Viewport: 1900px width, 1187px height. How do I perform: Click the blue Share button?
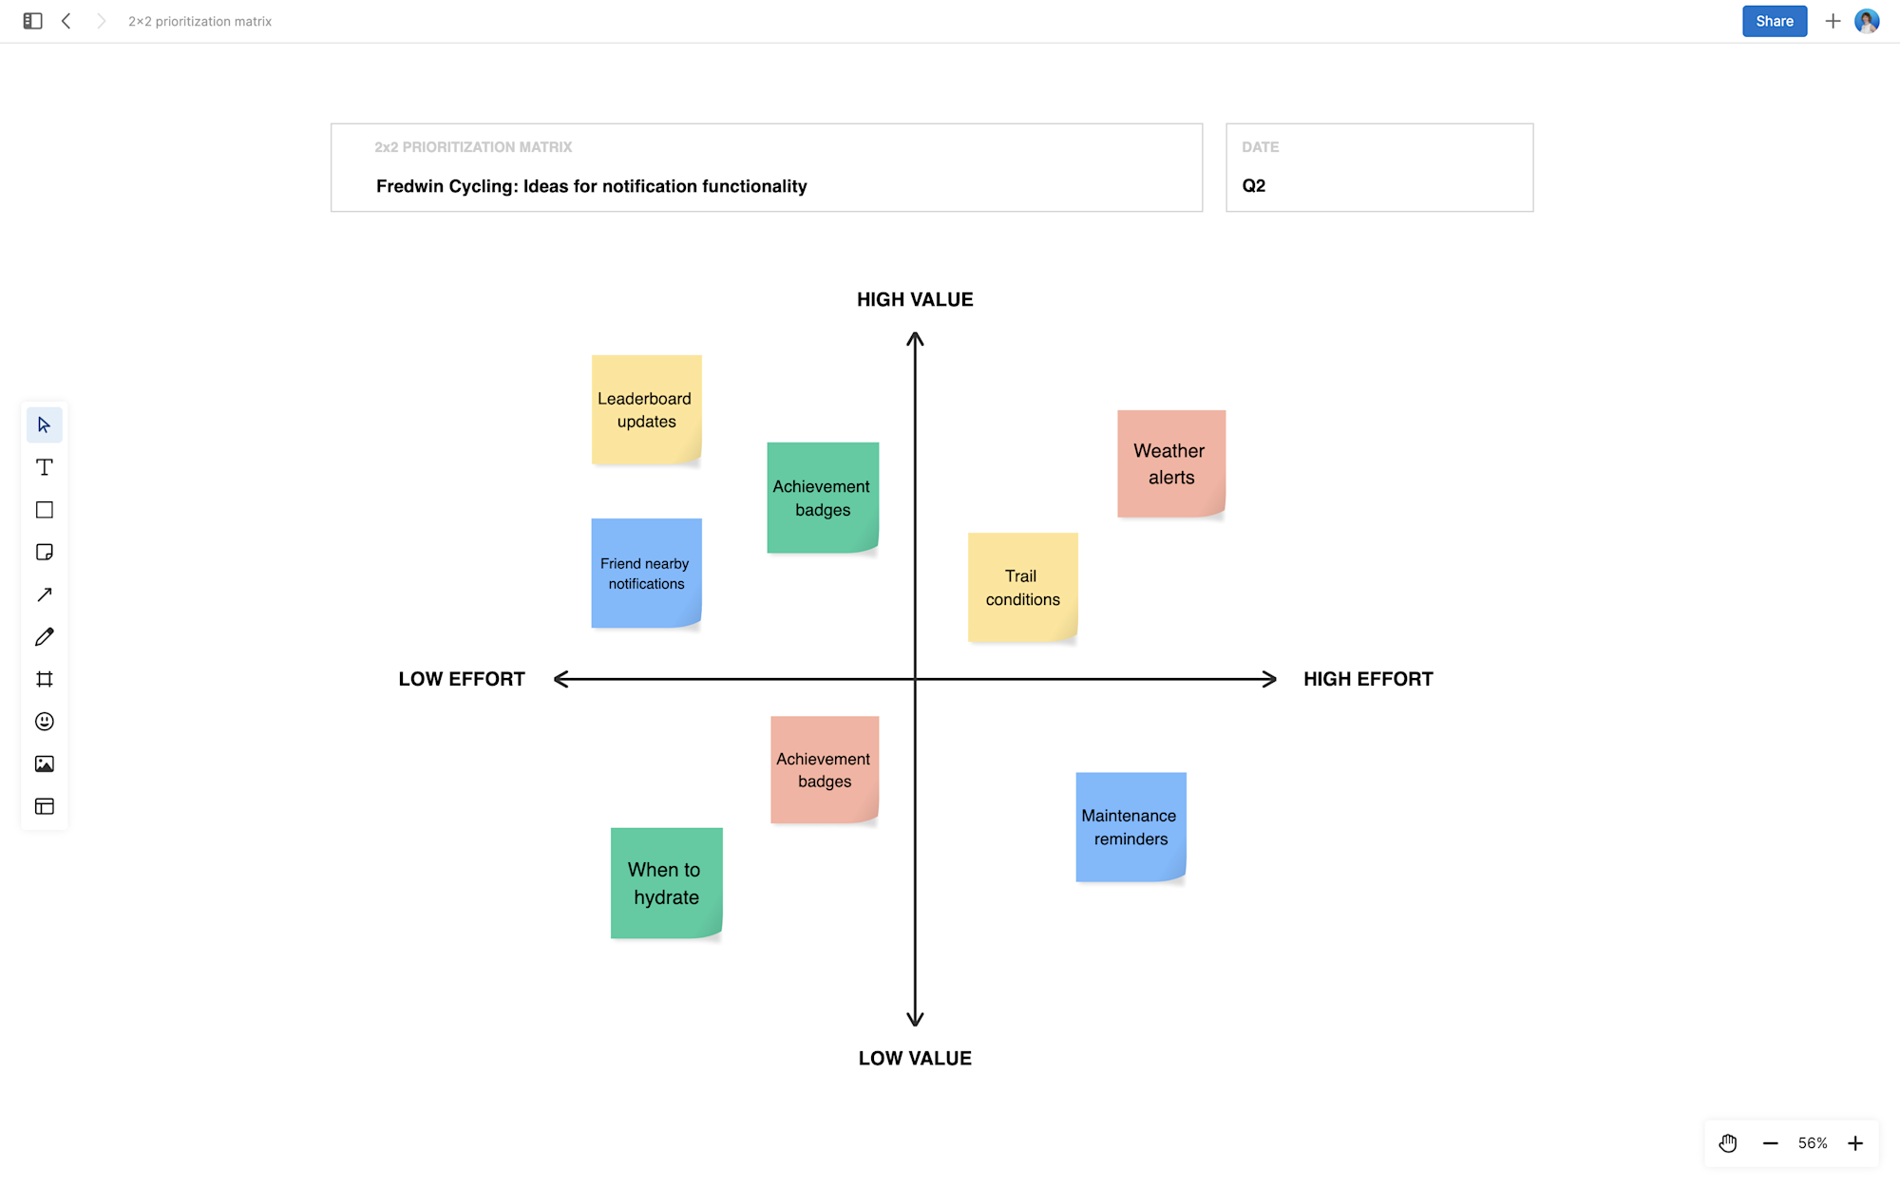coord(1774,21)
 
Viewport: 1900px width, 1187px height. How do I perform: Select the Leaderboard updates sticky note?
coord(646,409)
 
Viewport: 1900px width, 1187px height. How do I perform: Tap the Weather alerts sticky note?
coord(1171,463)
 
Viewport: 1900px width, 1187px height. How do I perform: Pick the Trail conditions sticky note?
coord(1022,587)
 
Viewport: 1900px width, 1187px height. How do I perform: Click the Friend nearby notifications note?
coord(646,573)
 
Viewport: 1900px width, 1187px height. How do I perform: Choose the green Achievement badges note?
coord(823,498)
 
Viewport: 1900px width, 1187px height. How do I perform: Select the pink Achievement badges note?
coord(825,770)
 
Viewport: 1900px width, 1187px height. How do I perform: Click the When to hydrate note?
coord(666,883)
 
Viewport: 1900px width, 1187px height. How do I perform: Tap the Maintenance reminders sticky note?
coord(1130,827)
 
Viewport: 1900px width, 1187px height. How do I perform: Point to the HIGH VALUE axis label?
coord(915,299)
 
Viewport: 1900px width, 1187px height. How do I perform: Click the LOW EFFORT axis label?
coord(462,679)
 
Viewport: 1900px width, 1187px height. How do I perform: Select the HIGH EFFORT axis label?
coord(1368,679)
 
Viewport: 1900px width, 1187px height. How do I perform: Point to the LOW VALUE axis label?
coord(915,1058)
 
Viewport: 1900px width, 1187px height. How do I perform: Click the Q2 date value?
coord(1254,185)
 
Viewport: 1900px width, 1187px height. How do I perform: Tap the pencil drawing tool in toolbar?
coord(45,637)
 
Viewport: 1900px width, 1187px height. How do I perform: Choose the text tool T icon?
coord(45,467)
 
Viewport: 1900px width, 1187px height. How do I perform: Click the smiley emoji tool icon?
coord(45,722)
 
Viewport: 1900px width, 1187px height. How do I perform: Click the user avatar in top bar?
coord(1867,21)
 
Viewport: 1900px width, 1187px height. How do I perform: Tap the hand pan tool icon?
coord(1728,1143)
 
